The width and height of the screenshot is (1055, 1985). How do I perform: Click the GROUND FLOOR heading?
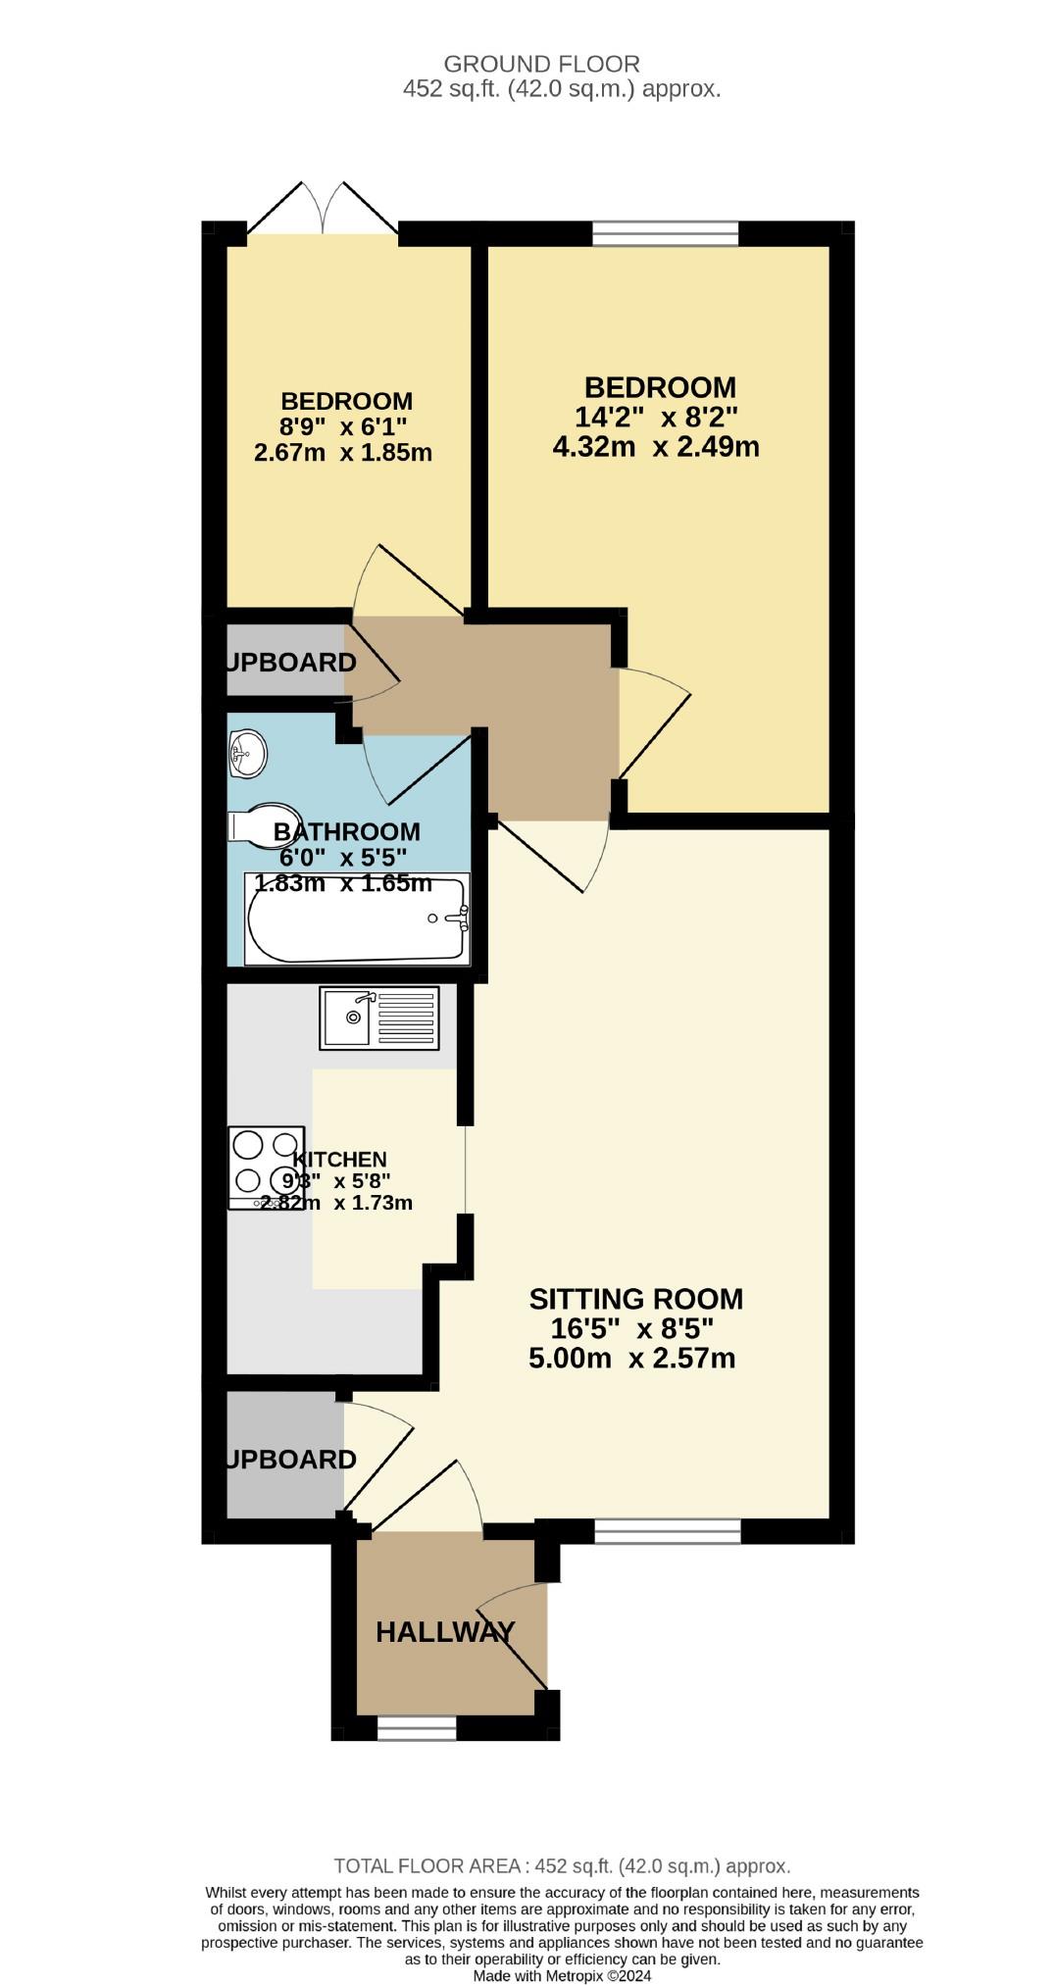click(541, 65)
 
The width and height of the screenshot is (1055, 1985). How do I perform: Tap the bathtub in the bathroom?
click(358, 919)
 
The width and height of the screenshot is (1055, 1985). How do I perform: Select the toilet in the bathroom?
click(253, 825)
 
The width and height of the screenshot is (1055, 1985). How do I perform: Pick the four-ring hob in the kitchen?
click(266, 1166)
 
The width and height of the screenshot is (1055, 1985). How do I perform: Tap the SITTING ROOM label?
click(635, 1299)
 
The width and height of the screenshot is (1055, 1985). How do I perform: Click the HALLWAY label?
click(445, 1632)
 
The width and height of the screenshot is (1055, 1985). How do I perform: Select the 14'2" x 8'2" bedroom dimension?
click(656, 417)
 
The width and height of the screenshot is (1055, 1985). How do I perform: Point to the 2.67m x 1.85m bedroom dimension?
click(343, 453)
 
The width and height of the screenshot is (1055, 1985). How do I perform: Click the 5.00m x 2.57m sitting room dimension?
click(632, 1359)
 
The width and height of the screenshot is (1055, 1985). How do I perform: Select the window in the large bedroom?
click(666, 233)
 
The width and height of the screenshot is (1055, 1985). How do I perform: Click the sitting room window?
click(668, 1531)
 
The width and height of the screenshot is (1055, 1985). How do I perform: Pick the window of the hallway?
click(417, 1727)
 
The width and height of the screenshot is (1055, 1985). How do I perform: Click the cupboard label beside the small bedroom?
click(290, 663)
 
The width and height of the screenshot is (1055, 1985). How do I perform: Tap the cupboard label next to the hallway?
click(290, 1460)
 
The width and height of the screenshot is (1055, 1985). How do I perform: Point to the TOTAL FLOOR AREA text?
click(562, 1866)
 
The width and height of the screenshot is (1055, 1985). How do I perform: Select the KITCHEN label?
click(340, 1160)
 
